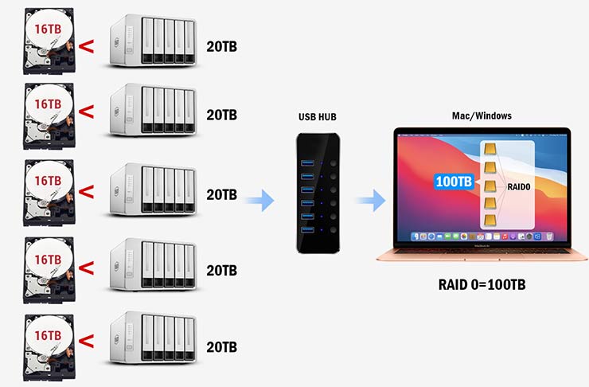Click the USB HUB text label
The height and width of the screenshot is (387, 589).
click(318, 117)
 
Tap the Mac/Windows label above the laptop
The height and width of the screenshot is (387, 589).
click(482, 115)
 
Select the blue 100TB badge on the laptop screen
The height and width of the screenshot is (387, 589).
click(454, 182)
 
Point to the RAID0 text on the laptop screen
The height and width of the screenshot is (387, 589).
click(519, 187)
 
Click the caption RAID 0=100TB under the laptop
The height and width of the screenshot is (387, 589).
click(482, 284)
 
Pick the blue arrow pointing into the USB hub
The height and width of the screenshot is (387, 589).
click(259, 200)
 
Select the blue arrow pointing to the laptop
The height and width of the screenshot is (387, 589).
click(371, 200)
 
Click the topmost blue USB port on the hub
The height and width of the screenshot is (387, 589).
click(307, 162)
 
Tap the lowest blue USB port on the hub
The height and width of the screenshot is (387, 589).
click(307, 229)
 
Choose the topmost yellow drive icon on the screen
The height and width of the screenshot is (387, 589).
click(490, 149)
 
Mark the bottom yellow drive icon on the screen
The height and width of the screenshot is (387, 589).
click(490, 221)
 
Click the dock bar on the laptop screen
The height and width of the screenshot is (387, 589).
click(482, 236)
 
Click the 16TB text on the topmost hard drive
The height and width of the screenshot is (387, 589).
click(48, 29)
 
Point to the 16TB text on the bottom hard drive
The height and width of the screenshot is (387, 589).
click(48, 335)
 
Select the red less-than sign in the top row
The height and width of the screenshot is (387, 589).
click(87, 47)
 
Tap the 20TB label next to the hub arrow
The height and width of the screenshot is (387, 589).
click(221, 194)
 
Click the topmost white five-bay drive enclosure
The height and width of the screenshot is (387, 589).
click(154, 41)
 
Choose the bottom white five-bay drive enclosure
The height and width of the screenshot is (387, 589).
click(154, 338)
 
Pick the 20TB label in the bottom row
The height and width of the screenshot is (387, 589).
click(221, 347)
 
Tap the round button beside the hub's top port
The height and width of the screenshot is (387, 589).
click(334, 163)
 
